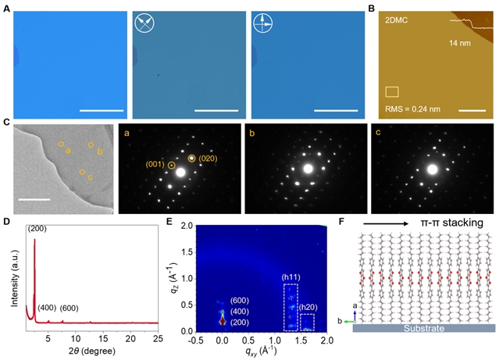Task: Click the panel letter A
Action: [x=7, y=7]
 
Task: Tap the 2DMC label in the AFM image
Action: [x=398, y=20]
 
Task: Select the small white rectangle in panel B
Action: [x=393, y=92]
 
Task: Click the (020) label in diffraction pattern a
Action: [x=210, y=159]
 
